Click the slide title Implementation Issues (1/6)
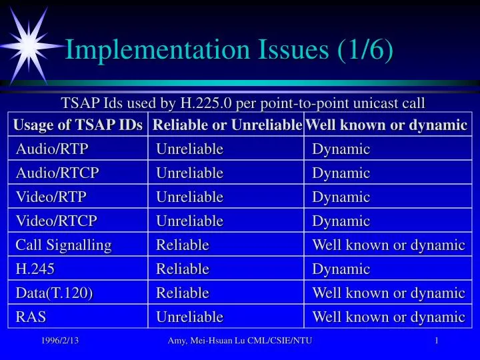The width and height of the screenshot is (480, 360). pyautogui.click(x=228, y=50)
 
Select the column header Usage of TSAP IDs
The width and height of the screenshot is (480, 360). pyautogui.click(x=78, y=125)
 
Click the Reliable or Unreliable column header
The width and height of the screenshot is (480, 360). pyautogui.click(x=227, y=125)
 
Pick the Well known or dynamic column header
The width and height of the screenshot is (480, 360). pyautogui.click(x=387, y=125)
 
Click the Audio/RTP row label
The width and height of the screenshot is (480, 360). pyautogui.click(x=52, y=149)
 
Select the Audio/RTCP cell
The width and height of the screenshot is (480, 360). pyautogui.click(x=57, y=173)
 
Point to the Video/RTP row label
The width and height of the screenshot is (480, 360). pyautogui.click(x=51, y=197)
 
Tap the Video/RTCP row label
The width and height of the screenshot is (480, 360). pyautogui.click(x=57, y=221)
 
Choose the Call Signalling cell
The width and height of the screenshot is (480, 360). pyautogui.click(x=63, y=245)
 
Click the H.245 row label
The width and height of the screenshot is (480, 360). pyautogui.click(x=35, y=269)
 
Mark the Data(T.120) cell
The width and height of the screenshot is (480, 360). pyautogui.click(x=54, y=293)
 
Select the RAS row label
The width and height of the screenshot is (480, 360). pyautogui.click(x=31, y=317)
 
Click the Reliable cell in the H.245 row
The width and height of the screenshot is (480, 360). pyautogui.click(x=183, y=269)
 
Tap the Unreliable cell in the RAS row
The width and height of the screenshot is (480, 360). pyautogui.click(x=189, y=317)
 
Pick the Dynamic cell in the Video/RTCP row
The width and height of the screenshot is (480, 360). pyautogui.click(x=341, y=221)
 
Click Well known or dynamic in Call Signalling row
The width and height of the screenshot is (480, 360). pyautogui.click(x=388, y=245)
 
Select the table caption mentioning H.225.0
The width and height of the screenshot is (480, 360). pyautogui.click(x=243, y=103)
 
